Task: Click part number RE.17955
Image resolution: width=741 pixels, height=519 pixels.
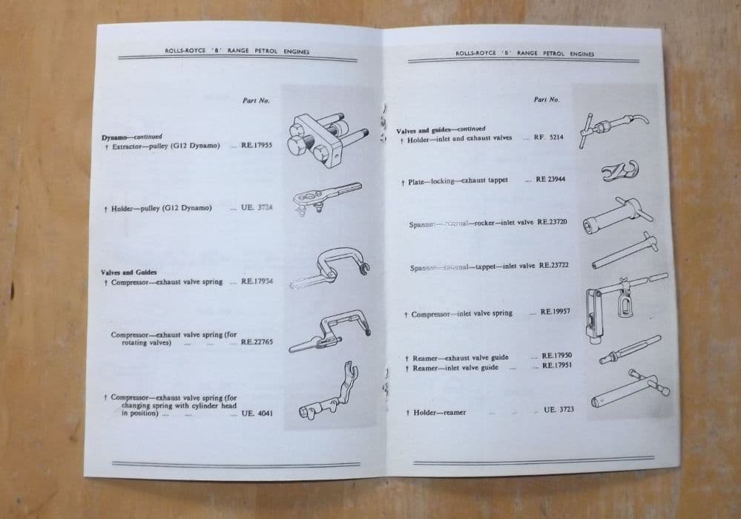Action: (x=256, y=146)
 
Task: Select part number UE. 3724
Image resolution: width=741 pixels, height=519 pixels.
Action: (x=257, y=207)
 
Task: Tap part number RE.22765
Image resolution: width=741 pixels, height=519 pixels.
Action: (x=257, y=342)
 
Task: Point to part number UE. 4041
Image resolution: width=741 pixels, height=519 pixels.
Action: (x=257, y=413)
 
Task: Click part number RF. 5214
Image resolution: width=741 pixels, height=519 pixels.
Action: (x=548, y=137)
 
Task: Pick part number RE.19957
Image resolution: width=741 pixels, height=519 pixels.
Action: (x=556, y=312)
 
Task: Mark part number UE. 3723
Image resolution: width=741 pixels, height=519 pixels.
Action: (x=559, y=410)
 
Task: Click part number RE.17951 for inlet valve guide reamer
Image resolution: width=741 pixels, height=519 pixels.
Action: (x=556, y=365)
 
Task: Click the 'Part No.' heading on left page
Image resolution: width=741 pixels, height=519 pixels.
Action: (x=256, y=100)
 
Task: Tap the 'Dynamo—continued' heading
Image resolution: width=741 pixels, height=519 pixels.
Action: (x=132, y=137)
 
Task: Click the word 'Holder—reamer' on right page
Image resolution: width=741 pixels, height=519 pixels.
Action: (x=440, y=412)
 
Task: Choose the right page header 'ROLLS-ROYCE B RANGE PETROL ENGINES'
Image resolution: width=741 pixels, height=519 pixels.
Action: (x=524, y=53)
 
